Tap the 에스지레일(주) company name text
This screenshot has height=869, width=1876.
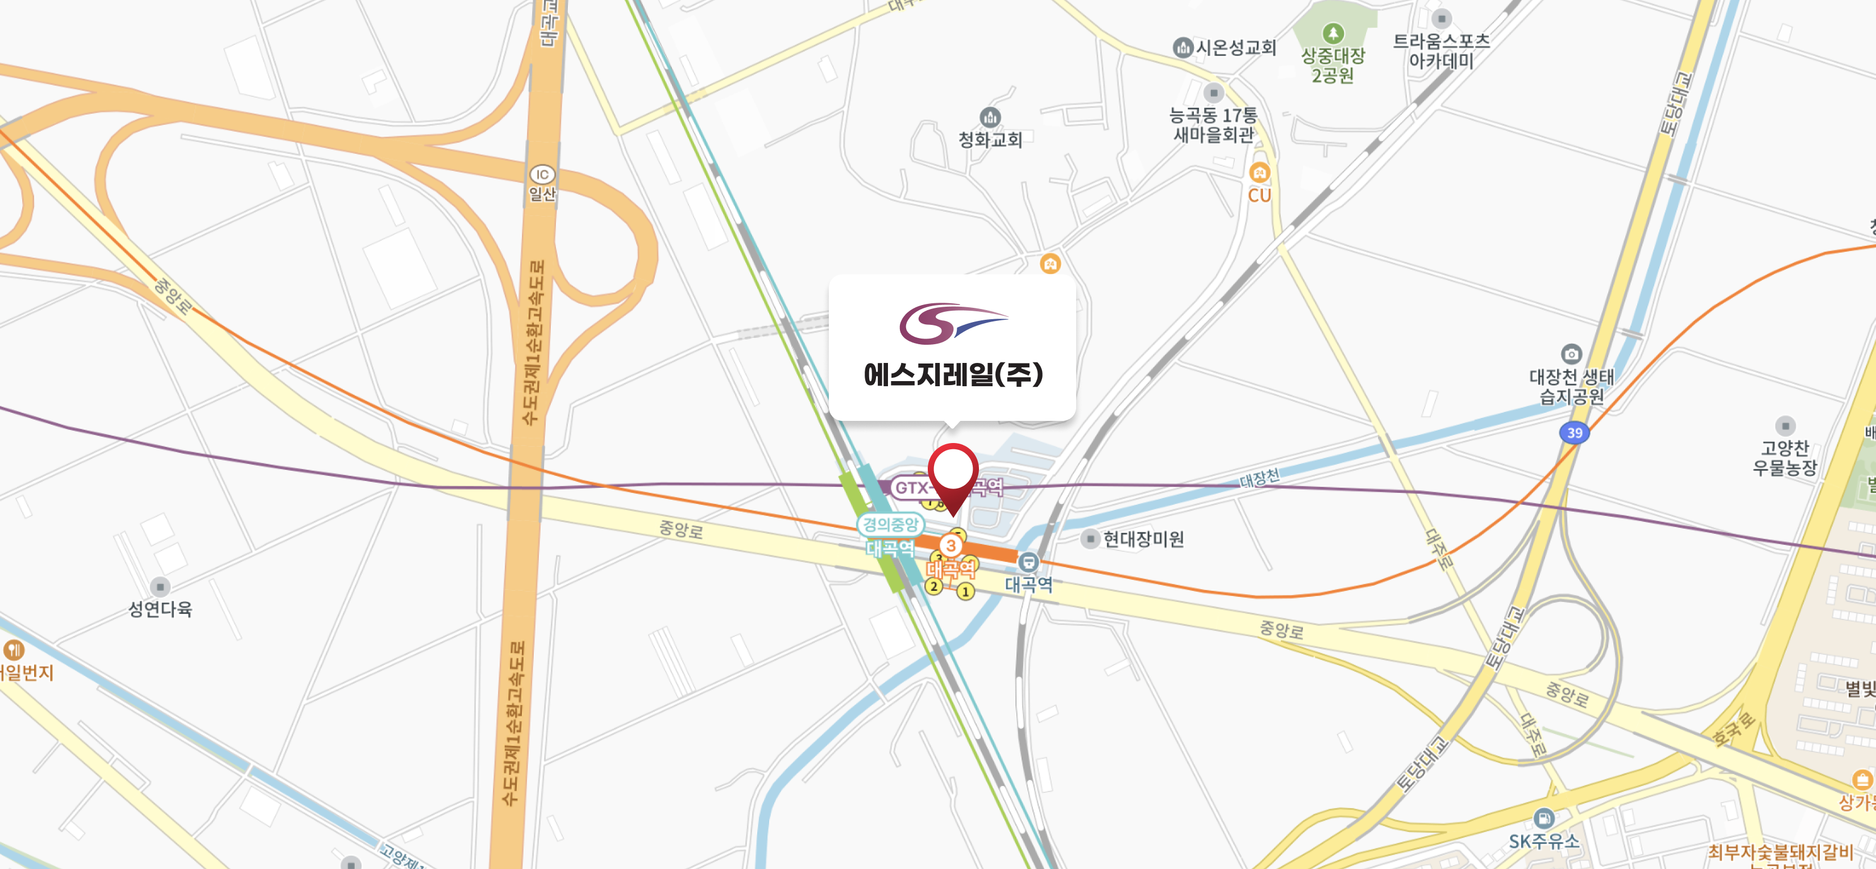coord(953,375)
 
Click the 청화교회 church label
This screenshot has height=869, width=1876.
coord(990,139)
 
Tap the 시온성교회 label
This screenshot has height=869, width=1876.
coord(1236,48)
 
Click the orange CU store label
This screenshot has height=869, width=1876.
coord(1259,195)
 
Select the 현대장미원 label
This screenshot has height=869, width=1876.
coord(1143,540)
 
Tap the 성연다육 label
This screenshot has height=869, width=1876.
coord(160,609)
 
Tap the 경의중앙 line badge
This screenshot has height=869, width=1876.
coord(890,524)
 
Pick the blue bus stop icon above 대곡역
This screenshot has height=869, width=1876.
coord(1028,562)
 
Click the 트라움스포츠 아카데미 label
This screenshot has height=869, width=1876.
coord(1441,51)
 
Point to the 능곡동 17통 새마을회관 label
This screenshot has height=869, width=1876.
coord(1213,124)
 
